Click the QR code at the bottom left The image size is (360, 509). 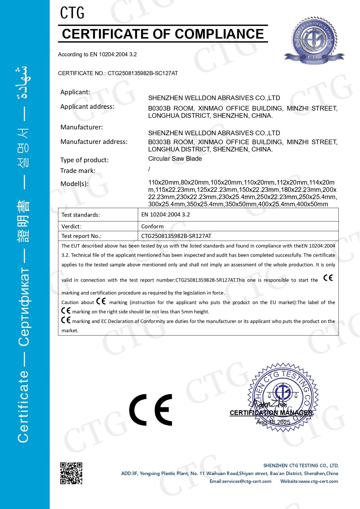click(71, 473)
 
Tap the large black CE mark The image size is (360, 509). click(151, 410)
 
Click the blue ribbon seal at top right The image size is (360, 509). click(314, 40)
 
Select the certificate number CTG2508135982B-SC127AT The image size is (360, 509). click(142, 73)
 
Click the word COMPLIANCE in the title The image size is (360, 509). click(219, 34)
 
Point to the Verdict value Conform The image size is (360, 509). click(152, 226)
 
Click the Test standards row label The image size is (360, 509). click(81, 215)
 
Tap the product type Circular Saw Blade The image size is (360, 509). click(175, 159)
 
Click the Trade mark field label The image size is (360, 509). click(78, 171)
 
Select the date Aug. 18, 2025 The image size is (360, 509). click(273, 422)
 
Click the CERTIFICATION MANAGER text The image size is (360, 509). click(271, 413)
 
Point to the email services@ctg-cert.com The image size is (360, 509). click(240, 481)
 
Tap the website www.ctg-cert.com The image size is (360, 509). click(309, 481)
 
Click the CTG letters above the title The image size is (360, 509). click(72, 13)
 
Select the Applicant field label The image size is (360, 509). click(75, 92)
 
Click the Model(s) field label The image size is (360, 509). click(75, 184)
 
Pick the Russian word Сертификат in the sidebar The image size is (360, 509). click(24, 308)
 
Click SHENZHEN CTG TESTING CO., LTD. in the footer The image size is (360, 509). click(301, 465)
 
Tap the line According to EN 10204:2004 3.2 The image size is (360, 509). click(97, 54)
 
